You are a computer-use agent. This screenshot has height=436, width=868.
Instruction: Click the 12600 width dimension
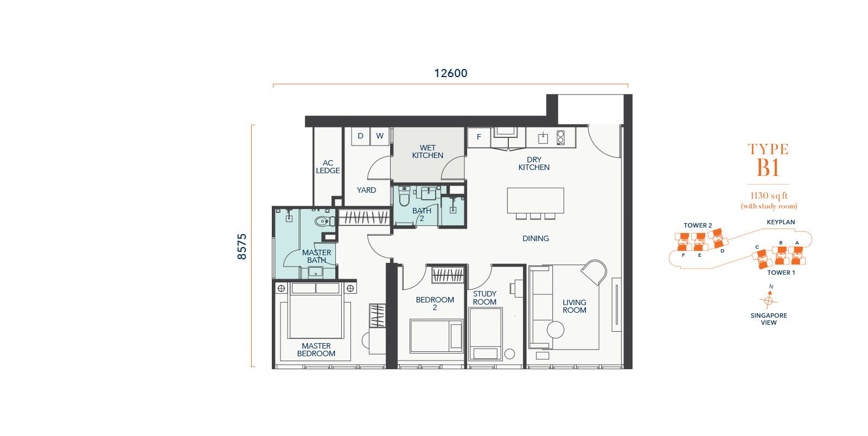coord(451,73)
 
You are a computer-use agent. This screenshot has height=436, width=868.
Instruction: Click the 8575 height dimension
coord(242,247)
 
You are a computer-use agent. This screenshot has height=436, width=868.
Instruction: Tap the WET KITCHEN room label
coord(427,151)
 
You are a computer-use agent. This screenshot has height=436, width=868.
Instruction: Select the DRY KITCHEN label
coord(534,163)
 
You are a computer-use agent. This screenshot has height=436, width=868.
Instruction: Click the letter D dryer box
coord(360,136)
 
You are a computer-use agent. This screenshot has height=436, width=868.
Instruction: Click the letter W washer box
coord(380,136)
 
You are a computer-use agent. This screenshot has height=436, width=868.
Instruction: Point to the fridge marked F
coord(479,137)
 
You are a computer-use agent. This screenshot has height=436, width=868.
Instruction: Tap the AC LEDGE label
coord(328,167)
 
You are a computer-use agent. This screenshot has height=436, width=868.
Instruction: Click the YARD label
coord(366,190)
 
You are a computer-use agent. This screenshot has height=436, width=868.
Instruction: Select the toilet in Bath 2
coord(404,197)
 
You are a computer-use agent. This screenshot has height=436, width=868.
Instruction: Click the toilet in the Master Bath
coord(323,222)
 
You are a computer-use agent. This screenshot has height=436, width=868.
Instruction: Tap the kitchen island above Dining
coord(535,200)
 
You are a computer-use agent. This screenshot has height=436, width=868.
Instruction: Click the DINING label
coord(535,238)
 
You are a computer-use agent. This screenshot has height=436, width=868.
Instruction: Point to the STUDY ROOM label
coord(484,298)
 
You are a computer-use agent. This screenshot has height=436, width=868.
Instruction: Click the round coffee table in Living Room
coord(556,330)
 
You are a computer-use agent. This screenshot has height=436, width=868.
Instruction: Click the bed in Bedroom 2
coord(436,336)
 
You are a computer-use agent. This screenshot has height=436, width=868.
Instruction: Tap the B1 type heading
coord(768,168)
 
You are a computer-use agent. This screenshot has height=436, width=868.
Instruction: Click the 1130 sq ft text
coord(769,196)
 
